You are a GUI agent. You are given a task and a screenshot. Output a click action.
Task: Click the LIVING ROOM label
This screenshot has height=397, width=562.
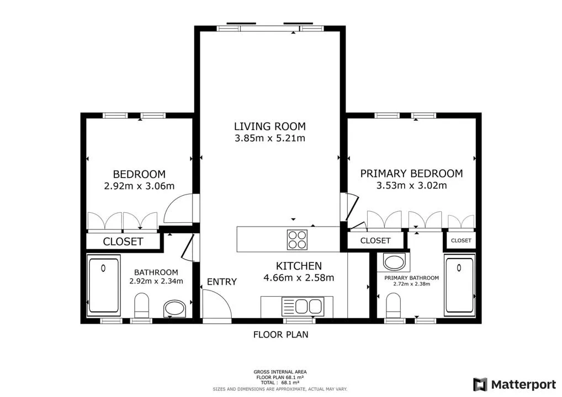269,126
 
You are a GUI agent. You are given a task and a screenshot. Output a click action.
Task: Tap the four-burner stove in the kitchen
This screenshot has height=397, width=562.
297,240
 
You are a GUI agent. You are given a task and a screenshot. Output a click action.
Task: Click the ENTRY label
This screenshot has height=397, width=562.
222,282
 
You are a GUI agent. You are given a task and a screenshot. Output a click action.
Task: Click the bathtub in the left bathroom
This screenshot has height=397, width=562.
104,285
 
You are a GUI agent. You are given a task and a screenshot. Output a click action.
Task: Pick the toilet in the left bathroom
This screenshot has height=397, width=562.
141,305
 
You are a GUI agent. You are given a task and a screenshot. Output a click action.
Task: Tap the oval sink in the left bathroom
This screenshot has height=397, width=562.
174,309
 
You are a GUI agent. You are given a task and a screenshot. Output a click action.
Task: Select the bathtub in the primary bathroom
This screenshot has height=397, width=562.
459,285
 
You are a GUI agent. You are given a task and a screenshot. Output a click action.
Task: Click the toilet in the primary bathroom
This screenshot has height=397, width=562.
394,305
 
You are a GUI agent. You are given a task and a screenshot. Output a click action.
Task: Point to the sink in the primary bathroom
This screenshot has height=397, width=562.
394,262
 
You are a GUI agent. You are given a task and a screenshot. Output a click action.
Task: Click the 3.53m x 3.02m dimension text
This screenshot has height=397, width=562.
411,185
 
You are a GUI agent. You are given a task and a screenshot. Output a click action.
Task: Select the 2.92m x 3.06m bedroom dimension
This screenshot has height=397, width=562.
139,186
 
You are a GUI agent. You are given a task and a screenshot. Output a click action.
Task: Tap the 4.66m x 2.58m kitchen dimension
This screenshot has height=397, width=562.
299,277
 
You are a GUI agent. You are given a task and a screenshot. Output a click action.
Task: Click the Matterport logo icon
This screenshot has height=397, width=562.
480,384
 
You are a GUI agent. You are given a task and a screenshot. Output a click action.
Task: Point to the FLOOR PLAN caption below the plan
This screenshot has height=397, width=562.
280,335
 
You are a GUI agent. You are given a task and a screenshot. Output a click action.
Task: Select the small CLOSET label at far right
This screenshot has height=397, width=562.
461,240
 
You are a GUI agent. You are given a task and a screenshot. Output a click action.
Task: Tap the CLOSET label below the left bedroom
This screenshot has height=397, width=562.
123,242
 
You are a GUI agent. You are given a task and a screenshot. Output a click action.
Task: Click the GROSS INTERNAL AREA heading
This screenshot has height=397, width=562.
280,372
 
